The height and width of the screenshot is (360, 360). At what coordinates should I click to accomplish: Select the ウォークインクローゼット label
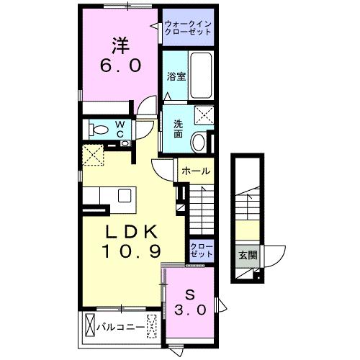188,29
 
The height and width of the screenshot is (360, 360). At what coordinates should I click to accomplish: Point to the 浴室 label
176,77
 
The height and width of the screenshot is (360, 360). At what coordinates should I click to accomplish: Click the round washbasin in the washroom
197,142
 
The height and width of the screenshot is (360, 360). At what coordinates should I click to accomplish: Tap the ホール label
194,171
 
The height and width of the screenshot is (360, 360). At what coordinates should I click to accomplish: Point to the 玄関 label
247,254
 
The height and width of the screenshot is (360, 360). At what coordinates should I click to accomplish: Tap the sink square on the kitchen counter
125,195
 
